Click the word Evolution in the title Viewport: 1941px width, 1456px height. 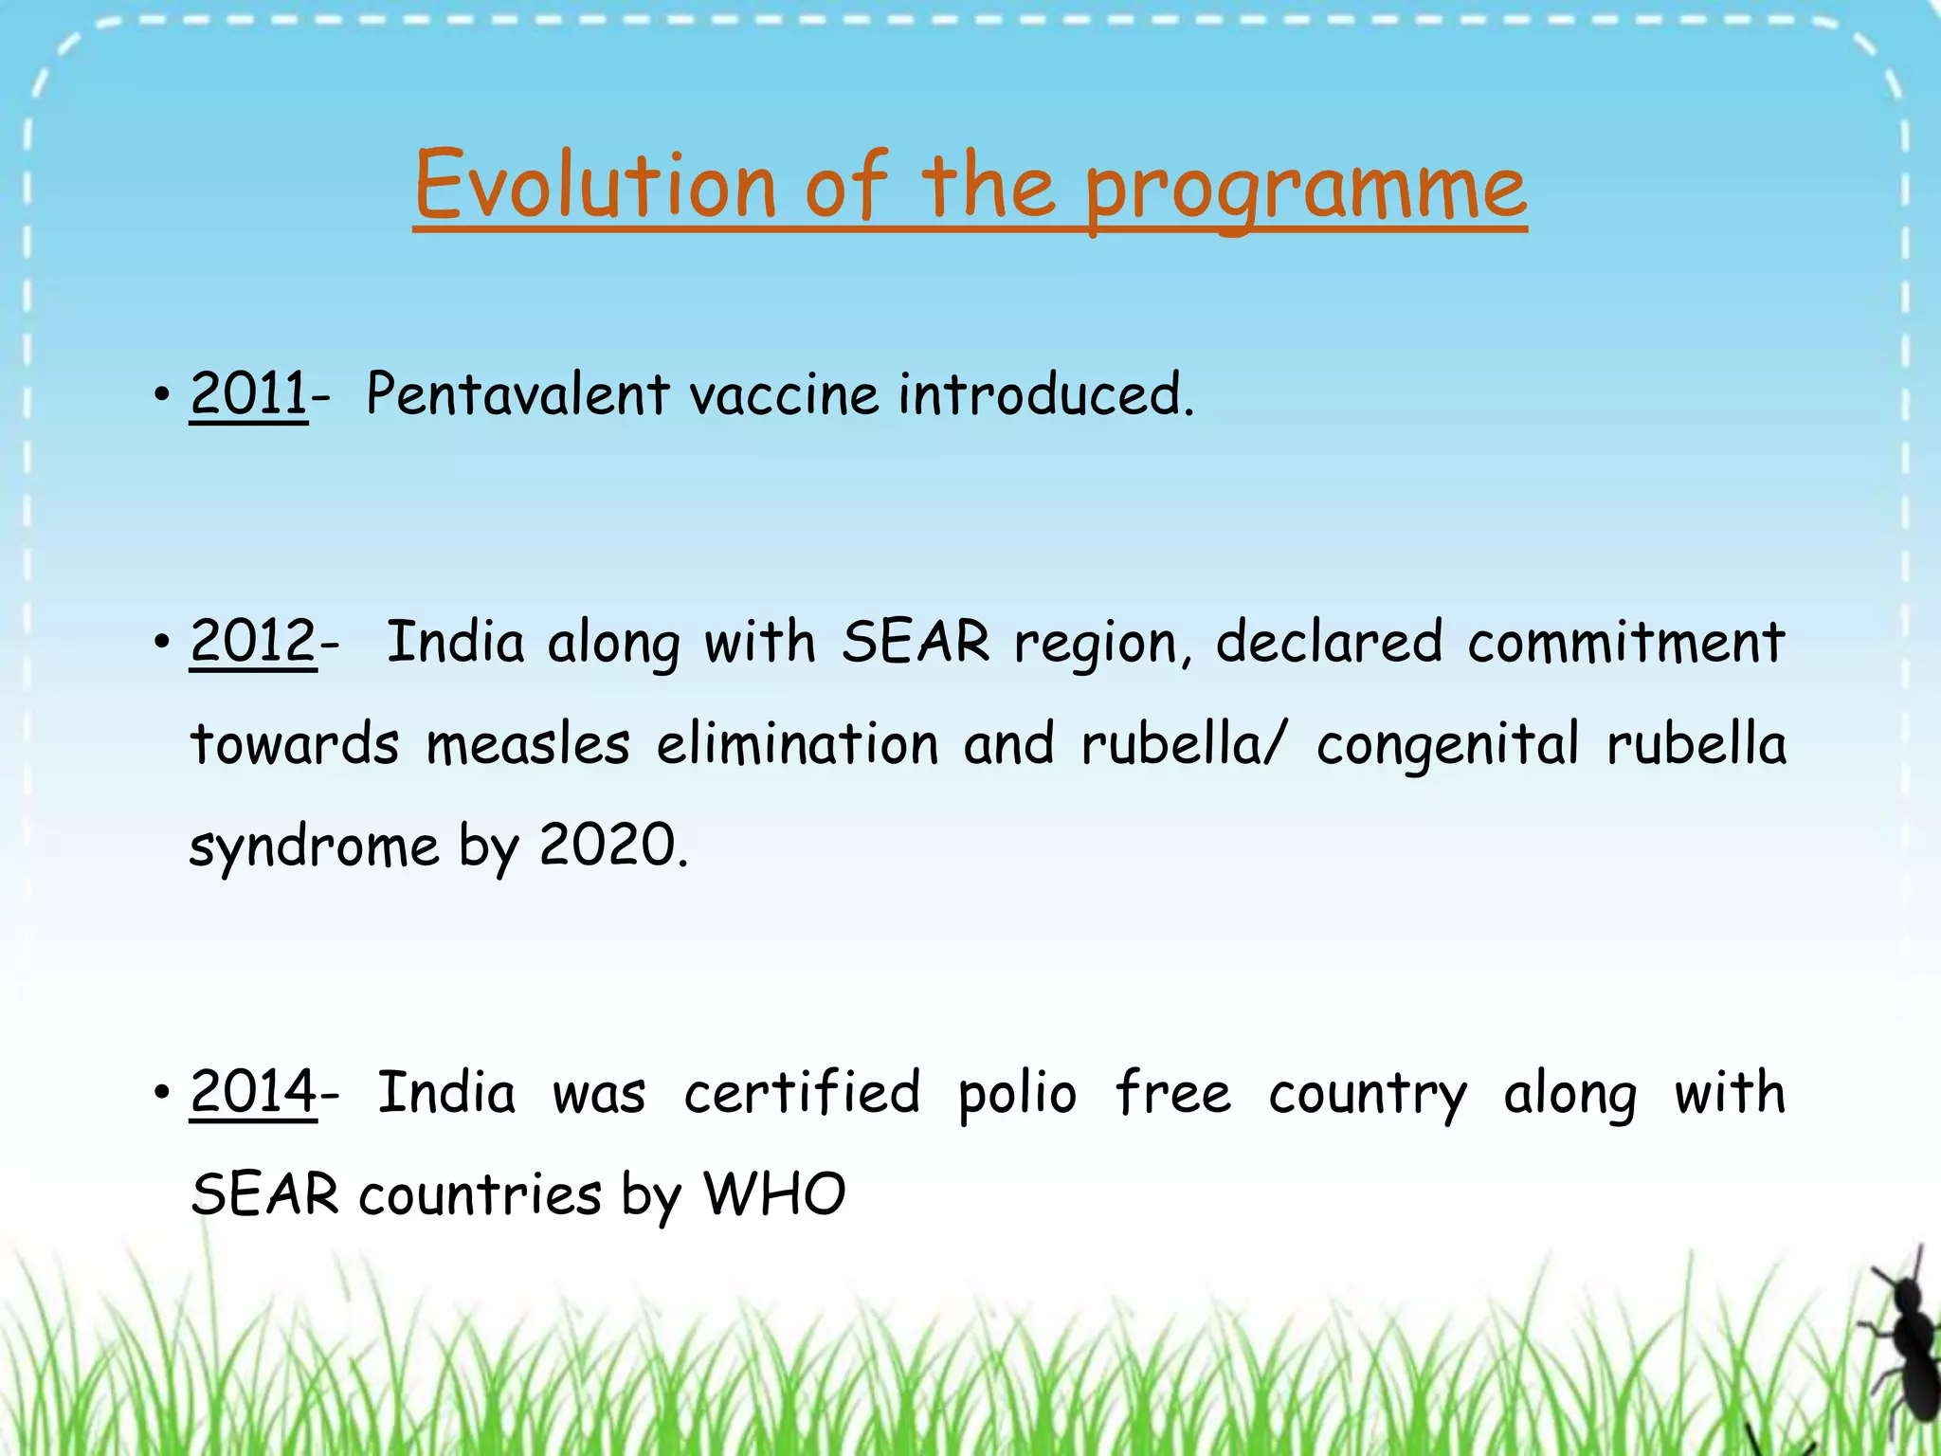pyautogui.click(x=595, y=186)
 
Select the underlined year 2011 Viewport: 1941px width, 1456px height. pyautogui.click(x=248, y=394)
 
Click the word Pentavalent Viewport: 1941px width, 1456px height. pyautogui.click(x=517, y=394)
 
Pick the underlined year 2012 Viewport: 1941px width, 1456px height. pyautogui.click(x=252, y=642)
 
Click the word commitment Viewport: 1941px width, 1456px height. pyautogui.click(x=1625, y=643)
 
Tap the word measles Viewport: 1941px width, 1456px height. pyautogui.click(x=527, y=745)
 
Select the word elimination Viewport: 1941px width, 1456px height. pyautogui.click(x=797, y=745)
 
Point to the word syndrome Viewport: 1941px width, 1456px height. pyautogui.click(x=314, y=847)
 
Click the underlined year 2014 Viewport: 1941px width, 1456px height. pyautogui.click(x=253, y=1092)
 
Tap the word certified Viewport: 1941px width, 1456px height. pyautogui.click(x=802, y=1093)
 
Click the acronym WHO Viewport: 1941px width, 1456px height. pyautogui.click(x=773, y=1194)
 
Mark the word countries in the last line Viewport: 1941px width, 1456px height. pyautogui.click(x=480, y=1195)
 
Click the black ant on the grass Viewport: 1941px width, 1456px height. pyautogui.click(x=1905, y=1346)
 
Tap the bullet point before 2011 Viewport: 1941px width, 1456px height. pyautogui.click(x=162, y=394)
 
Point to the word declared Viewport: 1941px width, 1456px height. pyautogui.click(x=1329, y=643)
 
